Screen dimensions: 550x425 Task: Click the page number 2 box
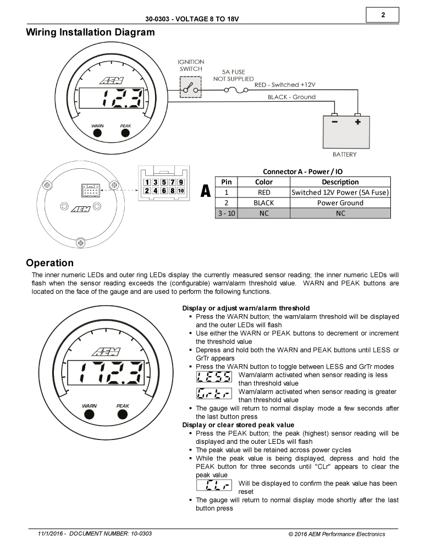[382, 15]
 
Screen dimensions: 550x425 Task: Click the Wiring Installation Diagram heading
[90, 32]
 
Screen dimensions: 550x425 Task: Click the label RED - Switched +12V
[285, 85]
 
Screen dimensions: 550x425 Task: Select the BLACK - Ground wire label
[291, 97]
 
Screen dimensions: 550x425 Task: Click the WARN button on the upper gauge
[97, 133]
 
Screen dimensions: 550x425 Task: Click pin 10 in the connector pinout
[180, 191]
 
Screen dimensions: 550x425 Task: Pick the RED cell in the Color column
[264, 193]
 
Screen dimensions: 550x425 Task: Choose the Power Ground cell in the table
[340, 202]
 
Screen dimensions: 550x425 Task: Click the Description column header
[340, 182]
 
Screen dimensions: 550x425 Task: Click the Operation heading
[49, 263]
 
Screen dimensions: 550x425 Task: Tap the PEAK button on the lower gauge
[123, 414]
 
